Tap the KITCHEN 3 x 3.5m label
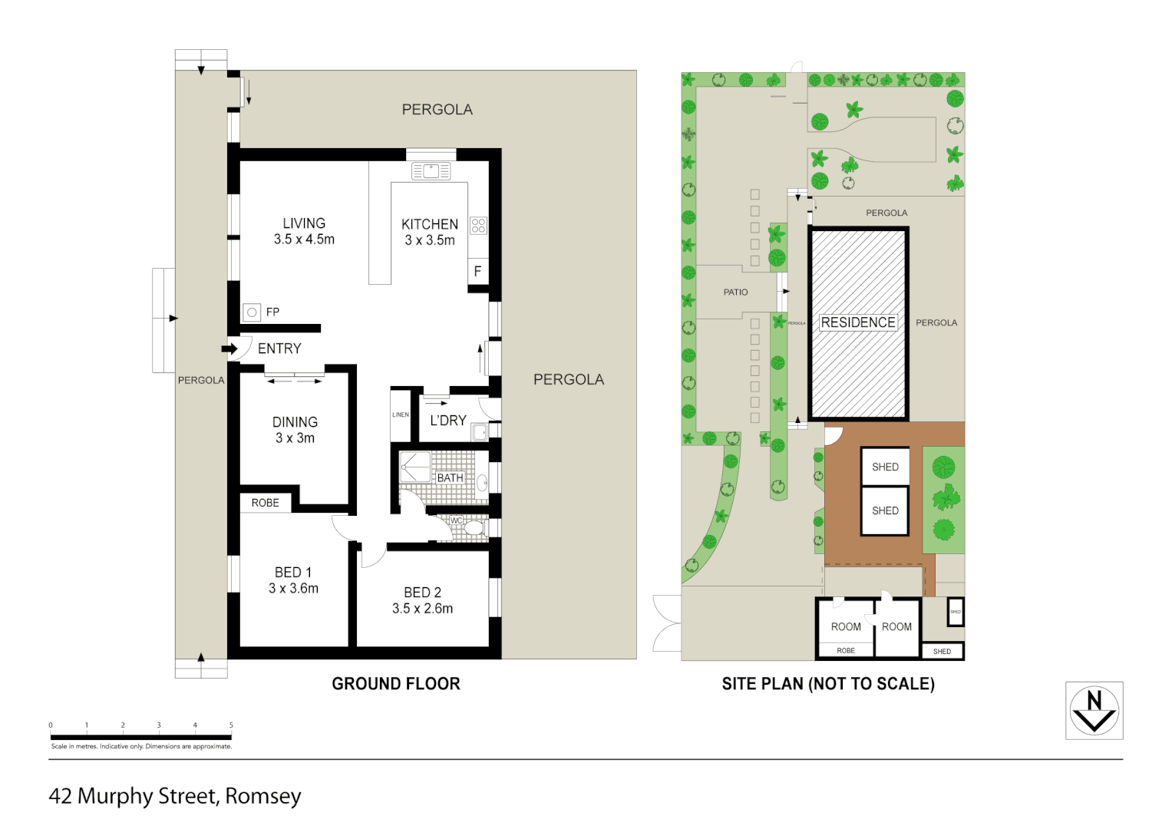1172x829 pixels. pos(430,232)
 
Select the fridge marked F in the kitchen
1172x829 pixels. pos(477,271)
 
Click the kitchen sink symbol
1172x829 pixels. pos(431,171)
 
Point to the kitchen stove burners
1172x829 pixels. pos(479,226)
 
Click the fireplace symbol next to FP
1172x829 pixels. pos(252,312)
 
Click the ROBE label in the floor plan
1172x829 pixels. pos(265,503)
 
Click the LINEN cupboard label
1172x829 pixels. pos(401,414)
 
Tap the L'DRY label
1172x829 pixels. pos(448,421)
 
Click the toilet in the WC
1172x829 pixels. pos(474,528)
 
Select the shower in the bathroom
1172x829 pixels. pos(415,467)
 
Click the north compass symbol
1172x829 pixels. pos(1094,710)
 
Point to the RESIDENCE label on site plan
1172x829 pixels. pos(858,322)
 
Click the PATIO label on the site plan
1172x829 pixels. pos(735,292)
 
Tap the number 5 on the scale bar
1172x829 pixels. pos(231,725)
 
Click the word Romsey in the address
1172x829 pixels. pos(263,796)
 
